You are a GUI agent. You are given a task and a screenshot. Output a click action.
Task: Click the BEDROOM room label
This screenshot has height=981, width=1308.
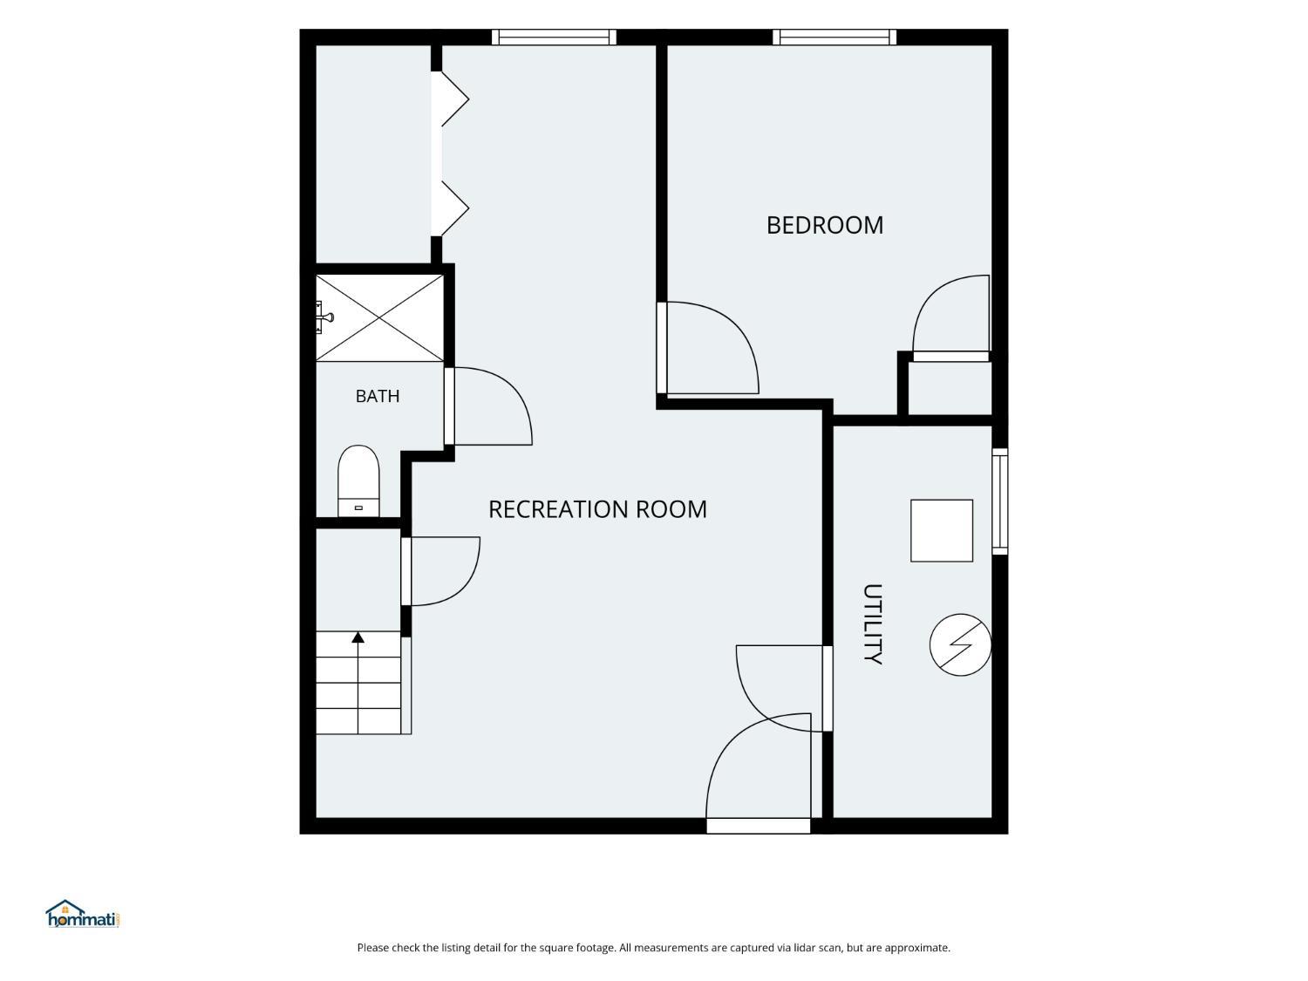(x=824, y=225)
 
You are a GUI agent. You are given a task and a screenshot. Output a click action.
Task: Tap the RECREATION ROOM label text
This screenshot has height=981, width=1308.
(x=597, y=509)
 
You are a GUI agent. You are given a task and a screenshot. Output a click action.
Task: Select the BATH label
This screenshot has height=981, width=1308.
(x=378, y=396)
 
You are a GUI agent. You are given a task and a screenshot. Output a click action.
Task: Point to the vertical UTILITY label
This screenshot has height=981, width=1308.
(x=872, y=623)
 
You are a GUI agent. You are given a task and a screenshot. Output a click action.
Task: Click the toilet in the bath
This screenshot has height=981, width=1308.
(x=358, y=480)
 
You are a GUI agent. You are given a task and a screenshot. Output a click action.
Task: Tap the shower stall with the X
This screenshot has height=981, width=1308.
(x=379, y=317)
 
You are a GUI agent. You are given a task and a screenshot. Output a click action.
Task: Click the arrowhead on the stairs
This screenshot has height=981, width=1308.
(x=358, y=637)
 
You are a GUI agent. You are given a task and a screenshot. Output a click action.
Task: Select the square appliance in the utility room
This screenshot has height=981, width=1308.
(x=942, y=530)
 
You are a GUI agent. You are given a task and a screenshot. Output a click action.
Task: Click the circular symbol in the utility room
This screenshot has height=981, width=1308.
(x=960, y=644)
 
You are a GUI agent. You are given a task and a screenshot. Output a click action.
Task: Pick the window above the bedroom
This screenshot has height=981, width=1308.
(x=835, y=37)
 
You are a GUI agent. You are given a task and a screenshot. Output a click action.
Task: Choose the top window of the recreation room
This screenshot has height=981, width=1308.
(x=554, y=37)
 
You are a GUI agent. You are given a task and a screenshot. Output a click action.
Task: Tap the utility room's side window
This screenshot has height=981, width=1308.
(x=1000, y=501)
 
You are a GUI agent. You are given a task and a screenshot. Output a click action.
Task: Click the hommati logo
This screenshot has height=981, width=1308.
(x=83, y=914)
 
